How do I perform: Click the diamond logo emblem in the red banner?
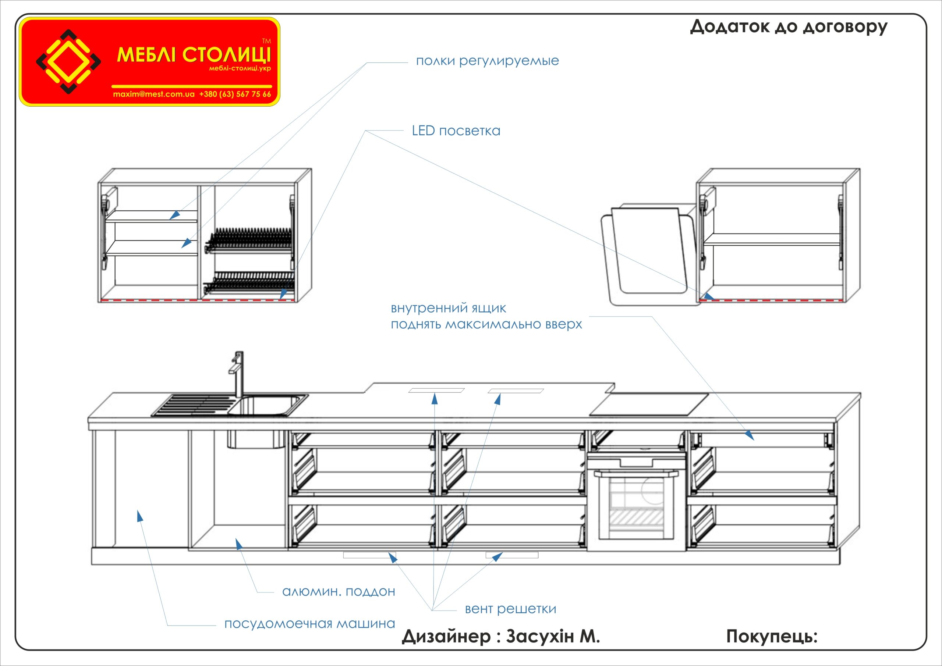[68, 62]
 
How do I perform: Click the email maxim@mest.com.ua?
[153, 94]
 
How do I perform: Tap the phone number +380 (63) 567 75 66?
[235, 94]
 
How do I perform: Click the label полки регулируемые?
[488, 61]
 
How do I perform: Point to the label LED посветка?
[456, 131]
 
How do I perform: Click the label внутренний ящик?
[448, 308]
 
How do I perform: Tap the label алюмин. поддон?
[339, 592]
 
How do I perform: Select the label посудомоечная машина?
[309, 624]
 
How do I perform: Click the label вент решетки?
[510, 609]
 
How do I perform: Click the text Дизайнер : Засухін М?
[500, 637]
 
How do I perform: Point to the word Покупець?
[772, 637]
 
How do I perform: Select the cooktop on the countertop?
[649, 404]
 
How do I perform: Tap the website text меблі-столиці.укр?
[240, 68]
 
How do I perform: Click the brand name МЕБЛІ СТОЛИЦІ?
[194, 55]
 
